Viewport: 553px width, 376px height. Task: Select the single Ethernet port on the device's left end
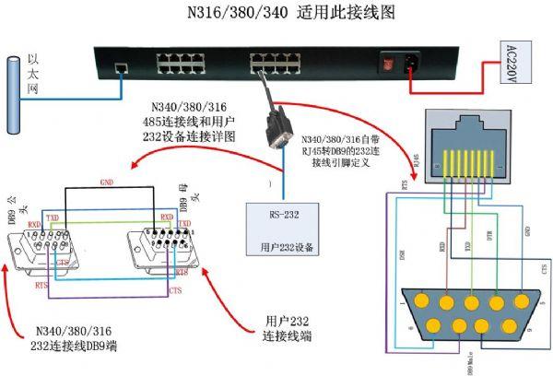(121, 67)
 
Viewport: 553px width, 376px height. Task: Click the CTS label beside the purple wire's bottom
(175, 289)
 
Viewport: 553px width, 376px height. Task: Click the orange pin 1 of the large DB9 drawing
(421, 301)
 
